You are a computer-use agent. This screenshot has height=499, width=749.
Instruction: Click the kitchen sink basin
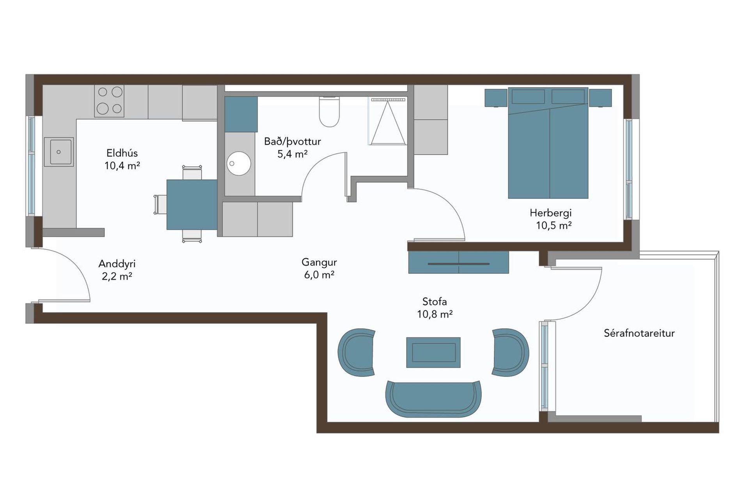pyautogui.click(x=59, y=152)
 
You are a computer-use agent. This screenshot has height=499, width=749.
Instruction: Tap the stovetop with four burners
pyautogui.click(x=109, y=101)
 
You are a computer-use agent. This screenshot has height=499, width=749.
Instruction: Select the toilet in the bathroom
pyautogui.click(x=329, y=111)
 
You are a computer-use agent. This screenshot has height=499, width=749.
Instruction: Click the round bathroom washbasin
pyautogui.click(x=239, y=163)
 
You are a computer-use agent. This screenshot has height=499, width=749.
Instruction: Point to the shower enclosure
pyautogui.click(x=387, y=121)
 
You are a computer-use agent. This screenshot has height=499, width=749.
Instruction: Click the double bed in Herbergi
pyautogui.click(x=548, y=143)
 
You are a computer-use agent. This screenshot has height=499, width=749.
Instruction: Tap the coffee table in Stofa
pyautogui.click(x=433, y=352)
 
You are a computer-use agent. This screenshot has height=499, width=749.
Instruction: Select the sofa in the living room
pyautogui.click(x=433, y=399)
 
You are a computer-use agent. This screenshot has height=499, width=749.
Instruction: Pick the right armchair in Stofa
pyautogui.click(x=510, y=352)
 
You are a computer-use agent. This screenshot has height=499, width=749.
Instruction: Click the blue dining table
pyautogui.click(x=192, y=205)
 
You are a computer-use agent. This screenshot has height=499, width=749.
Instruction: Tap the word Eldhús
pyautogui.click(x=122, y=153)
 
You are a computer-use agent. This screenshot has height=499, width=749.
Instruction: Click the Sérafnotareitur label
pyautogui.click(x=639, y=333)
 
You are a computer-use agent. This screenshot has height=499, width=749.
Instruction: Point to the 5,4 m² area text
pyautogui.click(x=293, y=154)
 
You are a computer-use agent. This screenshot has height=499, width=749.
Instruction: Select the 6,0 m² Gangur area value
pyautogui.click(x=319, y=275)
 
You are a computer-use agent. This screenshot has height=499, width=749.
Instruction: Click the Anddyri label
pyautogui.click(x=117, y=264)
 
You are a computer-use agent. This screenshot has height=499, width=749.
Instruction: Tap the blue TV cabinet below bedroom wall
pyautogui.click(x=458, y=262)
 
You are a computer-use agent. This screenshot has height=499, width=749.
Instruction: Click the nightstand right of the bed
pyautogui.click(x=600, y=98)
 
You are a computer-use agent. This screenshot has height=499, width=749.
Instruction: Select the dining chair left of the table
pyautogui.click(x=160, y=205)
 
